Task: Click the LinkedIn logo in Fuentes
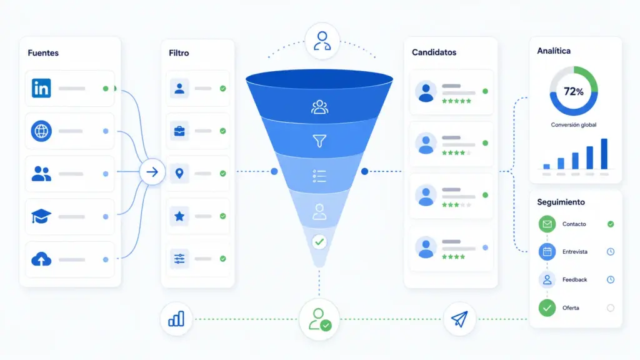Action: [41, 88]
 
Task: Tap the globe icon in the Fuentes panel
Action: [41, 131]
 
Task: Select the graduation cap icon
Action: [41, 216]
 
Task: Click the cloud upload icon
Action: [41, 259]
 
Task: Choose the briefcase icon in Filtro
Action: [179, 131]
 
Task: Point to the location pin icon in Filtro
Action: [179, 174]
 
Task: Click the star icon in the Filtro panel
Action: [179, 216]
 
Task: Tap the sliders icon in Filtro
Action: [179, 259]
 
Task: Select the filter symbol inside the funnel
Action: [319, 141]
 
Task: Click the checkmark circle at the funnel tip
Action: [319, 242]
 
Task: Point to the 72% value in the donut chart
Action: [574, 91]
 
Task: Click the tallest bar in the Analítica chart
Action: [604, 154]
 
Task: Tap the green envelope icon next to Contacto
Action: [547, 224]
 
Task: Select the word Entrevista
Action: [575, 252]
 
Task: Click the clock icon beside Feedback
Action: [611, 279]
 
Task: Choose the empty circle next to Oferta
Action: [611, 307]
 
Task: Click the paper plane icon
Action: [459, 319]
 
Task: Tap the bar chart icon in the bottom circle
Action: [176, 319]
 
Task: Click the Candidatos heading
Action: [434, 52]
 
